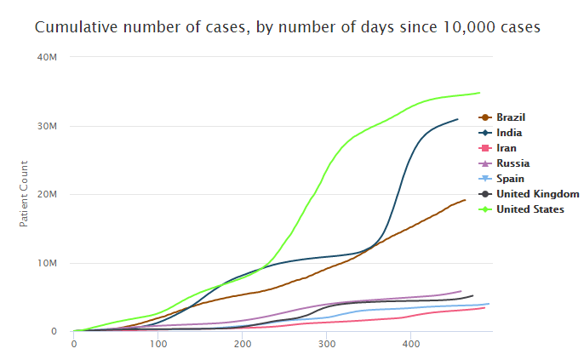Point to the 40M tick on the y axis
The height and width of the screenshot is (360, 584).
click(x=48, y=57)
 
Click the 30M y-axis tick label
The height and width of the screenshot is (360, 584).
click(x=48, y=126)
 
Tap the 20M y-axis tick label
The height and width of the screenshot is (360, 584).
click(x=48, y=194)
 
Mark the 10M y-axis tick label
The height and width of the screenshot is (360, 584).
click(x=48, y=263)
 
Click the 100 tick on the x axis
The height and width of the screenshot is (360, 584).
click(x=158, y=344)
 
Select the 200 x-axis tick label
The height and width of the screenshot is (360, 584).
click(x=243, y=344)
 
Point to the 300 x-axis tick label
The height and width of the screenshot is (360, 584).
click(x=327, y=344)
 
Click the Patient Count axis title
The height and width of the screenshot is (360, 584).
click(x=24, y=193)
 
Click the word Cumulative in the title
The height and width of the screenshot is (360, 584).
click(x=73, y=27)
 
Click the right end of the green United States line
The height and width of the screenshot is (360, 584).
click(x=479, y=93)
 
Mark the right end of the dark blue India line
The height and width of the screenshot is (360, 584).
click(x=458, y=119)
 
